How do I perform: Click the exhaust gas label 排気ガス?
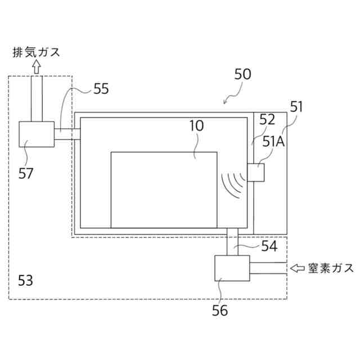pyautogui.click(x=37, y=53)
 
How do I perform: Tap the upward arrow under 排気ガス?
pyautogui.click(x=37, y=67)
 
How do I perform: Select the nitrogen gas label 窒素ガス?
pyautogui.click(x=331, y=268)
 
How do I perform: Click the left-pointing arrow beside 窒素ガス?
pyautogui.click(x=297, y=268)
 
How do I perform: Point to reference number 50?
pyautogui.click(x=243, y=75)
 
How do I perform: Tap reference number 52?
pyautogui.click(x=267, y=120)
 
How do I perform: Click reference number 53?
pyautogui.click(x=26, y=279)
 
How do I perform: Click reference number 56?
pyautogui.click(x=220, y=308)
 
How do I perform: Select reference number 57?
pyautogui.click(x=26, y=172)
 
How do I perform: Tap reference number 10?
pyautogui.click(x=196, y=126)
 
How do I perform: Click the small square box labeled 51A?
pyautogui.click(x=256, y=172)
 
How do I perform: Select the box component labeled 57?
pyautogui.click(x=37, y=134)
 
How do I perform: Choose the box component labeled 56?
pyautogui.click(x=232, y=268)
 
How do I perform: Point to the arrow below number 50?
pyautogui.click(x=229, y=98)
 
